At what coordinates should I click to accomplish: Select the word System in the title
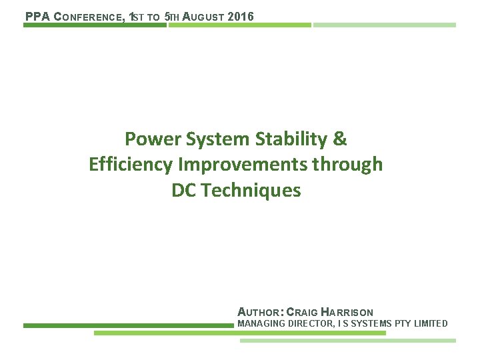(217, 139)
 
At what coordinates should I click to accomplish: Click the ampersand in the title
(339, 139)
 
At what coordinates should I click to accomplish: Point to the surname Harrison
(347, 312)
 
